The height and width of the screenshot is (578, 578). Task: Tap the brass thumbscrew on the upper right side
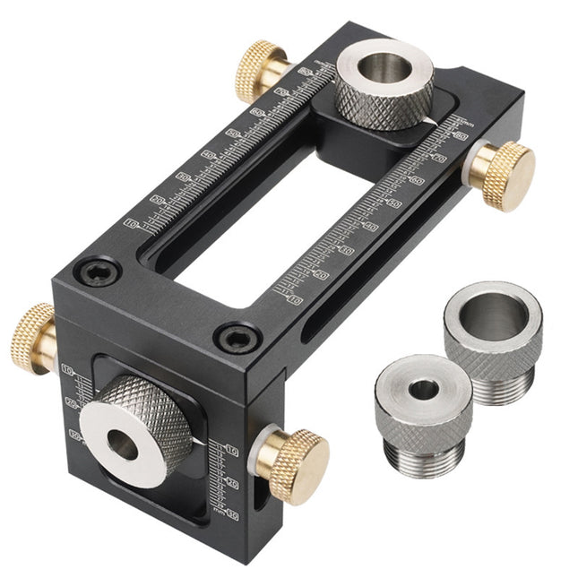click(502, 174)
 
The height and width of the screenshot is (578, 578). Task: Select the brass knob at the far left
click(31, 337)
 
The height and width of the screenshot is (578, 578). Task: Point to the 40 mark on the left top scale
click(208, 155)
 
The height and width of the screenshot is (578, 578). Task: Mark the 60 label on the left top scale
click(258, 113)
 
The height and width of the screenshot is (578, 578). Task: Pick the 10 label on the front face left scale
click(67, 369)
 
